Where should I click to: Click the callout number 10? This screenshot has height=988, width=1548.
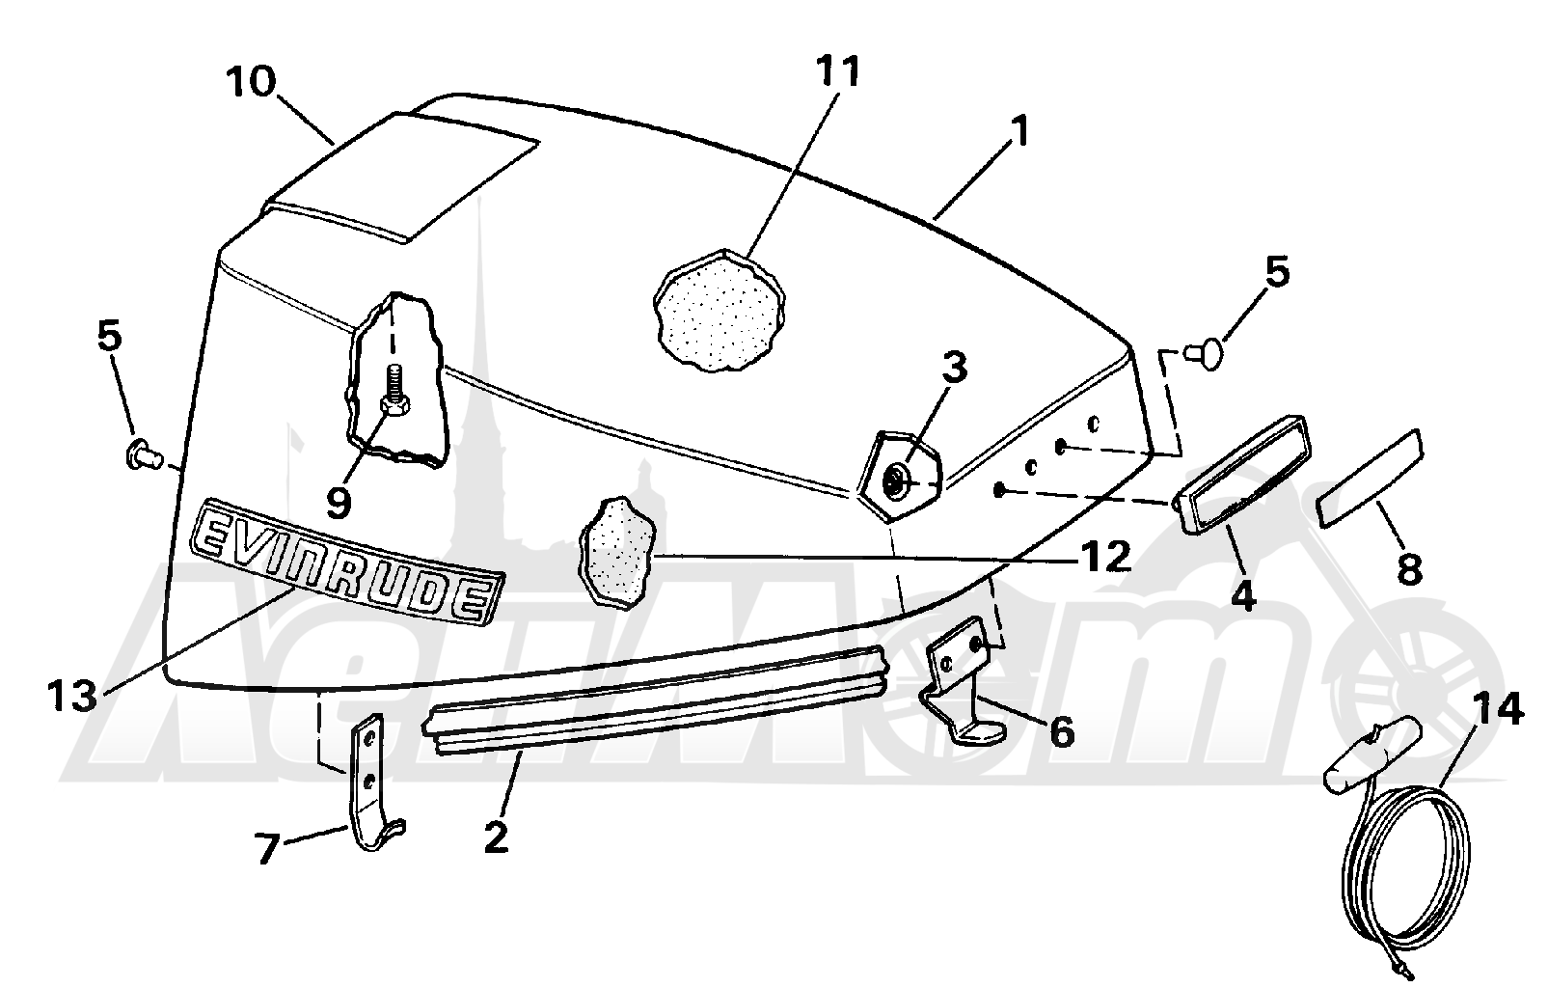click(250, 82)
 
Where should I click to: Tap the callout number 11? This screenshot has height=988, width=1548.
click(837, 72)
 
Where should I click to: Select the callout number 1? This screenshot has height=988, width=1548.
click(1019, 131)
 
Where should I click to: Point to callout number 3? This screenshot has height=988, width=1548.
click(955, 370)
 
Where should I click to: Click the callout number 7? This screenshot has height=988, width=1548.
click(268, 849)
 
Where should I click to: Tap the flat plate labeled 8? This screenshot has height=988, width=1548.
click(1371, 479)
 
